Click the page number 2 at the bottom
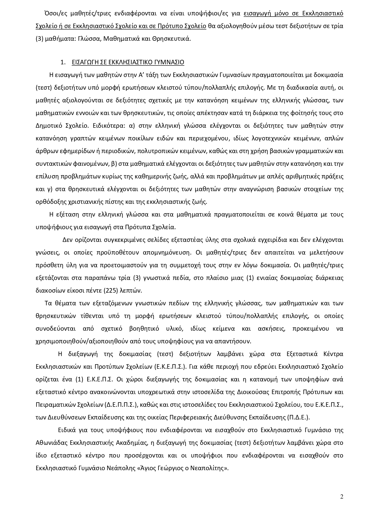[x=342, y=497]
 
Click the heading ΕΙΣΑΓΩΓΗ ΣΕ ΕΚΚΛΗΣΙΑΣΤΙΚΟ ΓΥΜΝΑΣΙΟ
[x=128, y=63]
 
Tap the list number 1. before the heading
[x=63, y=63]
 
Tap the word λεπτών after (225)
[x=132, y=291]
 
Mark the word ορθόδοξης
[x=50, y=202]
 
